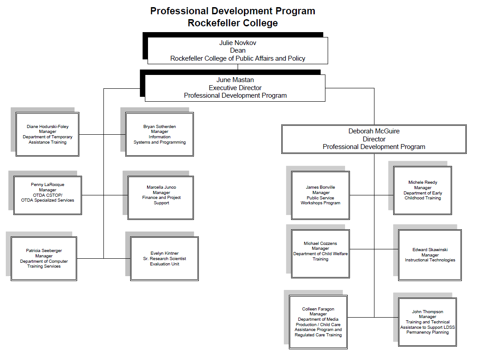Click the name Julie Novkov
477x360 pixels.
tap(238, 43)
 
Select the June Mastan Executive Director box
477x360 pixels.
tap(235, 88)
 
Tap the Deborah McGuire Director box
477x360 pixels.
tap(374, 139)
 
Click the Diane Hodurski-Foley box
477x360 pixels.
tap(47, 134)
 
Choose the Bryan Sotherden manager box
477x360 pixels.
tap(160, 134)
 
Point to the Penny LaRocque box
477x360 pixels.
tap(48, 195)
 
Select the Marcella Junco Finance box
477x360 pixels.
tap(161, 198)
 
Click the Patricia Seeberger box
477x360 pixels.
tap(44, 258)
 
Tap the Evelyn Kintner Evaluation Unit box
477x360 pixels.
tap(164, 258)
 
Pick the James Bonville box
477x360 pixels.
tap(321, 195)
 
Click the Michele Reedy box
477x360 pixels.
tap(423, 190)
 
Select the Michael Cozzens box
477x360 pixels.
tap(321, 253)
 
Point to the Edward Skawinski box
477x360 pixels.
tap(430, 255)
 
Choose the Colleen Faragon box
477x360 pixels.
tap(318, 322)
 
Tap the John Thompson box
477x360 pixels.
tap(428, 322)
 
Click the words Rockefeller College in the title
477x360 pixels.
tap(233, 23)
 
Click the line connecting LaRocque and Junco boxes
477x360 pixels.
tap(105, 195)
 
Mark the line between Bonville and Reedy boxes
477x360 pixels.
tap(371, 195)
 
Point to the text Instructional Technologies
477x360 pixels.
tap(430, 260)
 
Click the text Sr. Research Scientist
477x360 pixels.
tap(164, 258)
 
